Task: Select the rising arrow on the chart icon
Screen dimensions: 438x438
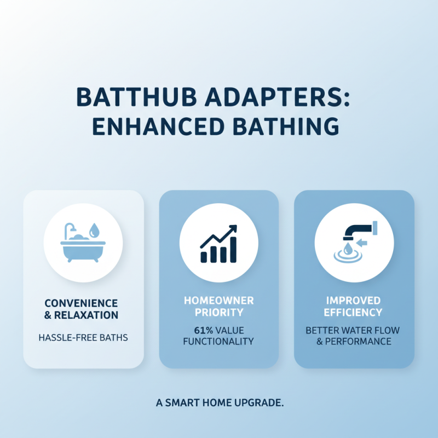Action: pyautogui.click(x=220, y=236)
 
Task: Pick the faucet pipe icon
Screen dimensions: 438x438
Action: pyautogui.click(x=356, y=229)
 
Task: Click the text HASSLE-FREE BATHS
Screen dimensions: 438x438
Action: pyautogui.click(x=83, y=338)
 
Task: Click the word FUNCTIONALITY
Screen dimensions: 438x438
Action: pyautogui.click(x=219, y=341)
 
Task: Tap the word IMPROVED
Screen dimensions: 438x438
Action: pyautogui.click(x=354, y=301)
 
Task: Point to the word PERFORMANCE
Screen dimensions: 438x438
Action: pyautogui.click(x=360, y=341)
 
